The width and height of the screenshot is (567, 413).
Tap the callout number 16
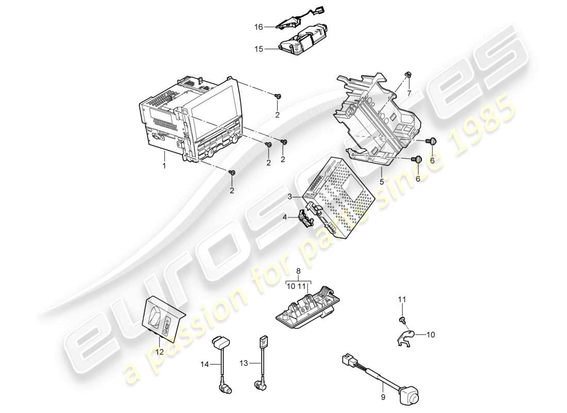pyautogui.click(x=258, y=26)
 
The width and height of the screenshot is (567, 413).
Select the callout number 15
pyautogui.click(x=258, y=49)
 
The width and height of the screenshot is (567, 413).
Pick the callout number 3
pyautogui.click(x=290, y=197)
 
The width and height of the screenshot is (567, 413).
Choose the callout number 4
pyautogui.click(x=284, y=217)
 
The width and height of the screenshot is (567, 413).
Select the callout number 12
pyautogui.click(x=160, y=352)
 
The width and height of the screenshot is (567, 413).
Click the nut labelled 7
pyautogui.click(x=408, y=76)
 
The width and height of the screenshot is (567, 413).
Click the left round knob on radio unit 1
pyautogui.click(x=210, y=153)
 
